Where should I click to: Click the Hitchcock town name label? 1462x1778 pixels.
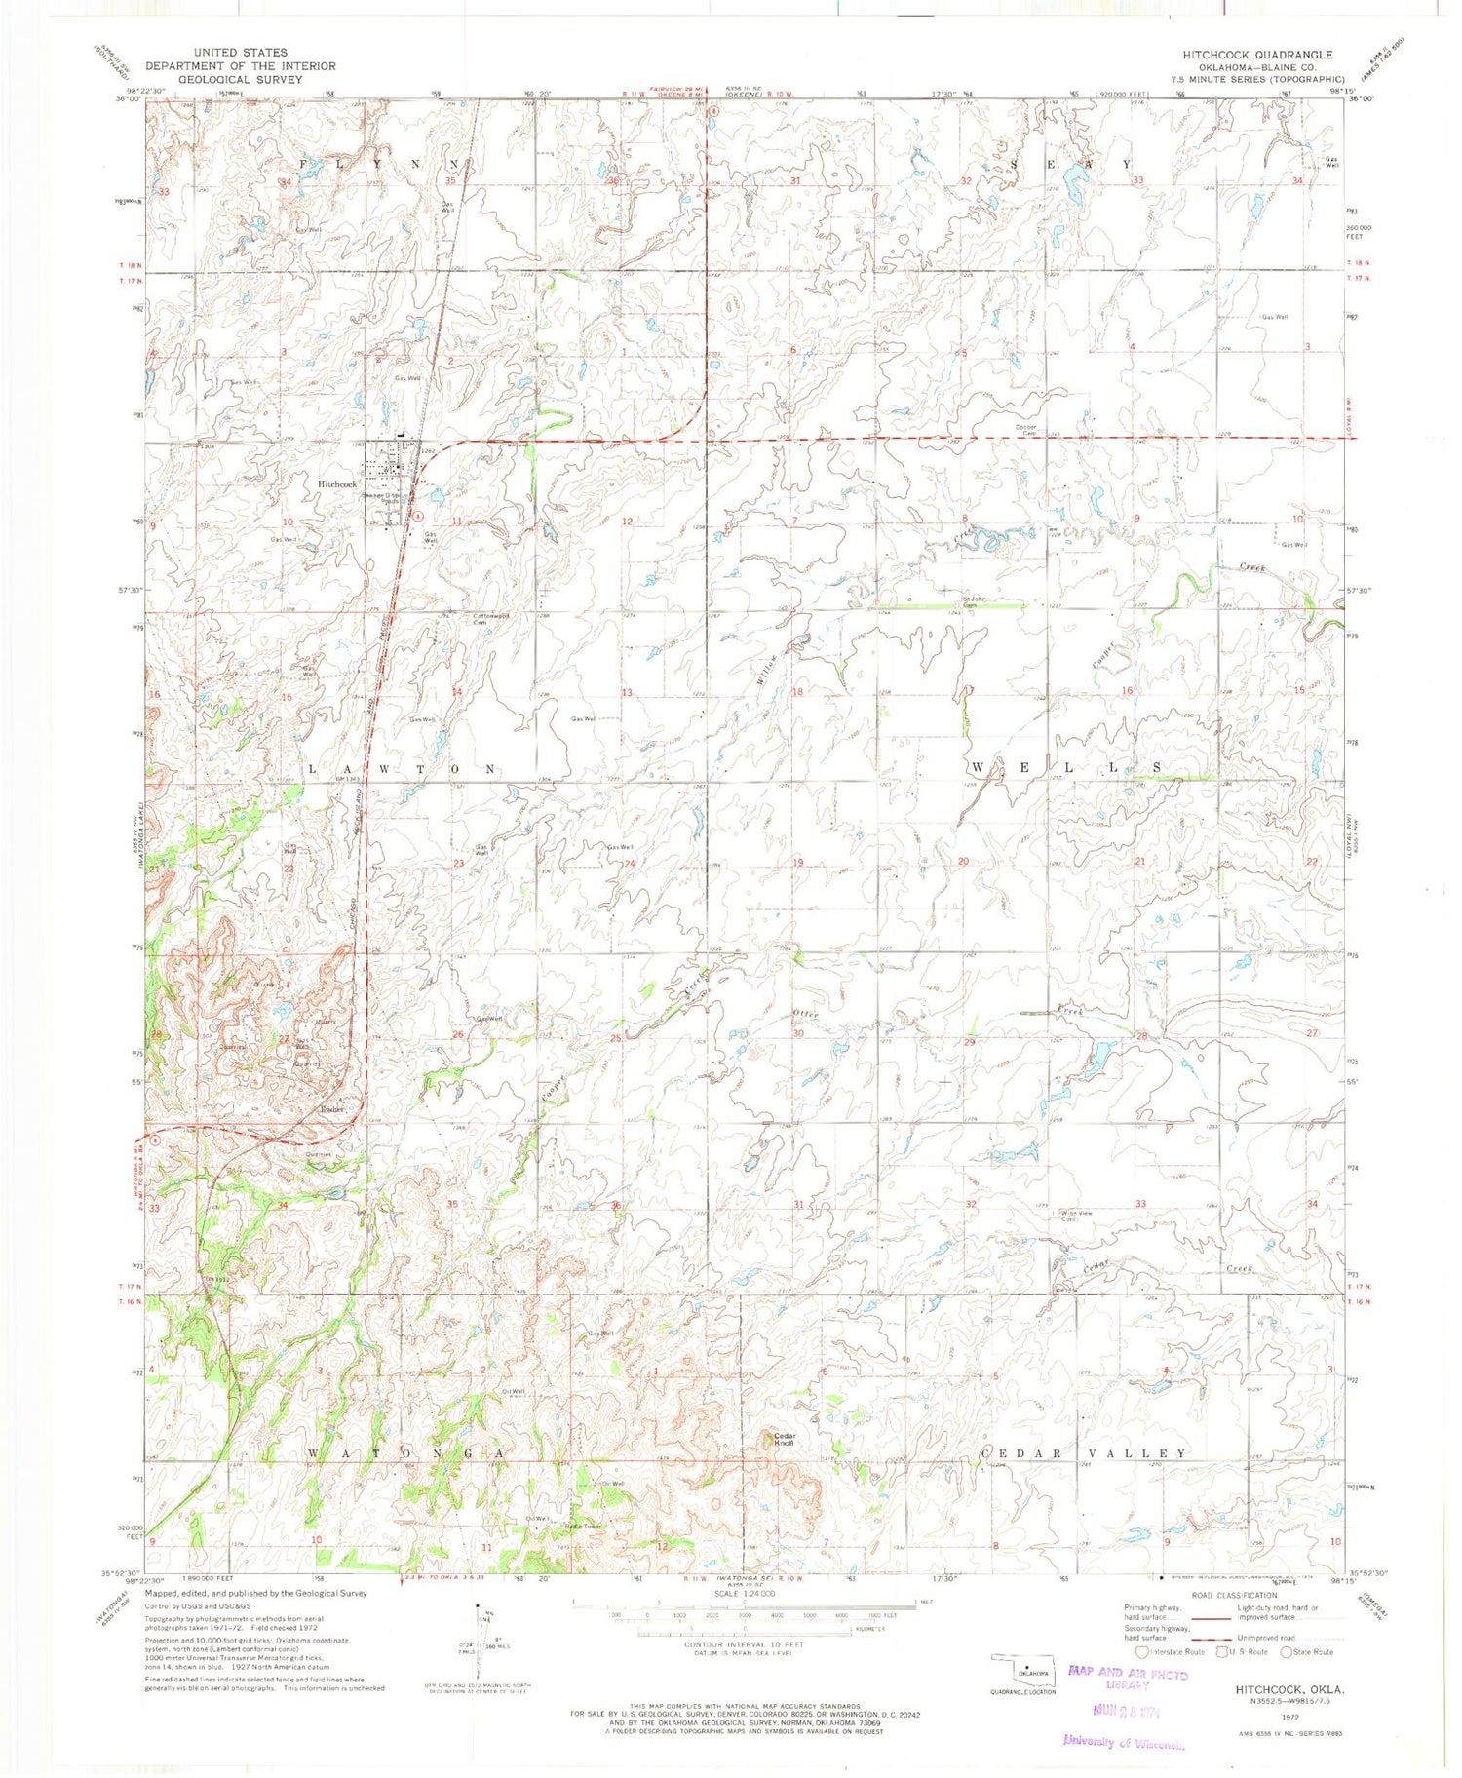(337, 483)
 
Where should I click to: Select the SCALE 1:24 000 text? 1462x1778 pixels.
(745, 1593)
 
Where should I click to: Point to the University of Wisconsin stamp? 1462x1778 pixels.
(1124, 1742)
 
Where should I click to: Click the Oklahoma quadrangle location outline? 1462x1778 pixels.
(1022, 1672)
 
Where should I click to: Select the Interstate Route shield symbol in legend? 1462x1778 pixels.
(1143, 1652)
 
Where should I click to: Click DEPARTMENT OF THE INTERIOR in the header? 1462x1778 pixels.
(240, 66)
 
